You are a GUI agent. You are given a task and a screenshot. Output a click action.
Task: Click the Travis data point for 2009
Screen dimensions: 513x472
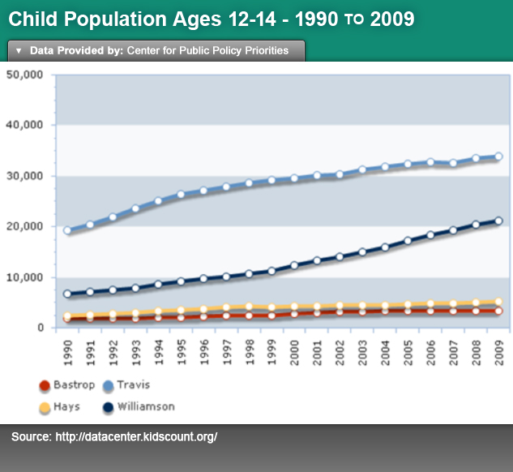click(498, 157)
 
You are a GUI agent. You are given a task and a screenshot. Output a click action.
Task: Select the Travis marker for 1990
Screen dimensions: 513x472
click(67, 230)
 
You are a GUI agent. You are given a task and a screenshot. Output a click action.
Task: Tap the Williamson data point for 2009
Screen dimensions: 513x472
click(498, 221)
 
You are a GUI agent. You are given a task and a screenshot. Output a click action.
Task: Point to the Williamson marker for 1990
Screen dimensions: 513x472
click(67, 294)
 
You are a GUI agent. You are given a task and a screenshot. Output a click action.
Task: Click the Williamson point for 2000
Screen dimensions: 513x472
click(294, 265)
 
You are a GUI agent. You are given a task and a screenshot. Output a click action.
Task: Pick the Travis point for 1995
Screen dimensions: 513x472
click(181, 194)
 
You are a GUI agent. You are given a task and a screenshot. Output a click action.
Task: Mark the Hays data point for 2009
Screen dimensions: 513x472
click(498, 302)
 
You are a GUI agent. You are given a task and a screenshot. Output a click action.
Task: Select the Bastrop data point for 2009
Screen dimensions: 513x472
click(498, 311)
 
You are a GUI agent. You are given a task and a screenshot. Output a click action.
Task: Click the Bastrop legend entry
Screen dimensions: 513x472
click(67, 385)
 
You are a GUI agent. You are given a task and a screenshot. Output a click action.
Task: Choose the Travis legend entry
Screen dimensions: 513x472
click(126, 385)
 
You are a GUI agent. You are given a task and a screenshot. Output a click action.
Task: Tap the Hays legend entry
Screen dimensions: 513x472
click(59, 407)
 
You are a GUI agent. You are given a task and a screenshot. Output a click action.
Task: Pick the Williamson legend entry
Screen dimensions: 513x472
click(139, 407)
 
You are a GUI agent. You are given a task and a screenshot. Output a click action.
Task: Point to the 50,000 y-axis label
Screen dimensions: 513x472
click(24, 75)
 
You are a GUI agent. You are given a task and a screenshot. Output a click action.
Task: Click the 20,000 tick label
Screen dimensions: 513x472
click(24, 226)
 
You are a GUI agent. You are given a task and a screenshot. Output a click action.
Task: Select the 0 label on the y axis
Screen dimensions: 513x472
click(41, 328)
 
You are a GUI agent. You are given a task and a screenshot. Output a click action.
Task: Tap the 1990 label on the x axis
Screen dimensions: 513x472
click(68, 353)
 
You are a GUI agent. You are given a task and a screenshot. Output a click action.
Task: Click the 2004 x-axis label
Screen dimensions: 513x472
click(385, 353)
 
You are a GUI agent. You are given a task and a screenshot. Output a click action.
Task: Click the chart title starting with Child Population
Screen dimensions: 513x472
click(212, 19)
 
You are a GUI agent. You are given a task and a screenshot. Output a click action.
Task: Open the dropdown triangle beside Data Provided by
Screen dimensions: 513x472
click(19, 51)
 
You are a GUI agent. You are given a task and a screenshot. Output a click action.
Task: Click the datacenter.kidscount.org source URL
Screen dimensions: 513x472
click(136, 436)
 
